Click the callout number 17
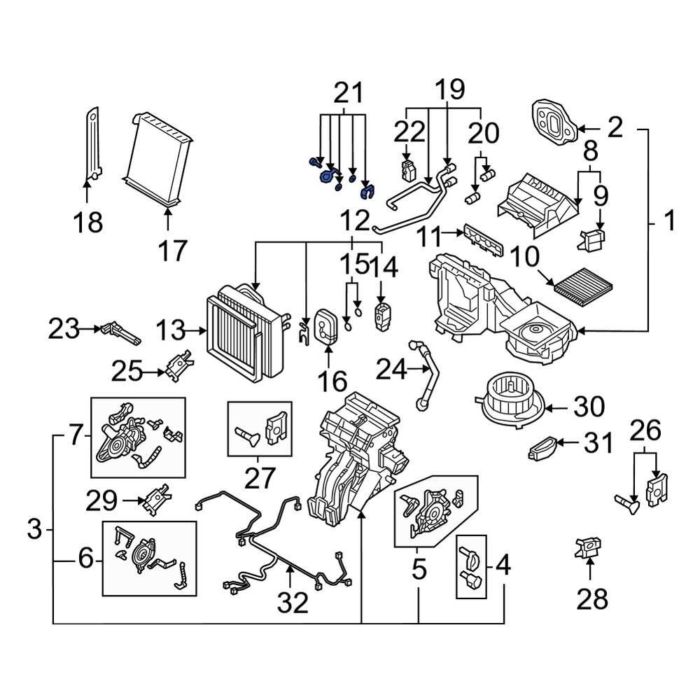[168, 250]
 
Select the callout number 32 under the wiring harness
[292, 602]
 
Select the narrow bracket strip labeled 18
[92, 143]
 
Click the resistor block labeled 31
[545, 447]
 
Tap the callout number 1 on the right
[670, 222]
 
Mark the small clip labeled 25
[177, 365]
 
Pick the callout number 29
[102, 500]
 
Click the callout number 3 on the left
[35, 530]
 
